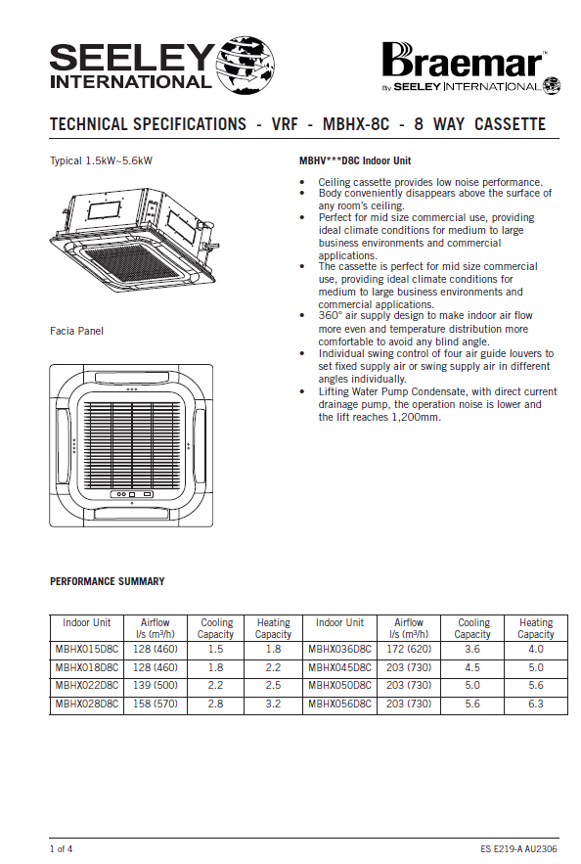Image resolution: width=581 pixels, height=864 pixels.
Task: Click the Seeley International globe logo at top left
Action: tap(245, 65)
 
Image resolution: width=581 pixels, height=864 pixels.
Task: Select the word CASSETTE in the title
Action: tap(510, 124)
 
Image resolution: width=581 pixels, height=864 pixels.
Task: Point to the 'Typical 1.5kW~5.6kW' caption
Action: tap(102, 160)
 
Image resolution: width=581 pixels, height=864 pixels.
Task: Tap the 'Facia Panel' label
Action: tap(76, 331)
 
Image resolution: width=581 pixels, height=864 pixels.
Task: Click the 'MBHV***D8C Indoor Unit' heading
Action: tap(355, 160)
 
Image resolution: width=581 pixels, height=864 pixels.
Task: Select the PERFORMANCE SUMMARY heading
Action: tap(108, 581)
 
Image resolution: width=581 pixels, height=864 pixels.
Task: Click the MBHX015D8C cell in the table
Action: tap(87, 649)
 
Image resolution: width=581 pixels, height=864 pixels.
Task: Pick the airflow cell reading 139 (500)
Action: tap(156, 686)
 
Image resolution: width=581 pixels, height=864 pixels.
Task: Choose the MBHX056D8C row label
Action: tap(339, 704)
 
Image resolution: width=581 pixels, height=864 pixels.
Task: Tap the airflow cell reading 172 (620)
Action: tap(409, 649)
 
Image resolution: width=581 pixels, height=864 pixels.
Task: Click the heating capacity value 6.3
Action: tap(536, 704)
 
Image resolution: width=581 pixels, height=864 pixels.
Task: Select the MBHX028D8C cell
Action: tap(87, 704)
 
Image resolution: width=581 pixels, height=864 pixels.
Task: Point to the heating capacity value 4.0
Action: tap(536, 649)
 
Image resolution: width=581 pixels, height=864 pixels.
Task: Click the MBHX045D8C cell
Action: tap(339, 667)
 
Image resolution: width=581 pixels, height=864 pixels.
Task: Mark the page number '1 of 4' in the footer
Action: tap(61, 849)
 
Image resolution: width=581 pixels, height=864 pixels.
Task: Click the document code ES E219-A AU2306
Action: tap(518, 849)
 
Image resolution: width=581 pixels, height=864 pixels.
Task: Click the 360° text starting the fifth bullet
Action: tap(330, 316)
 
